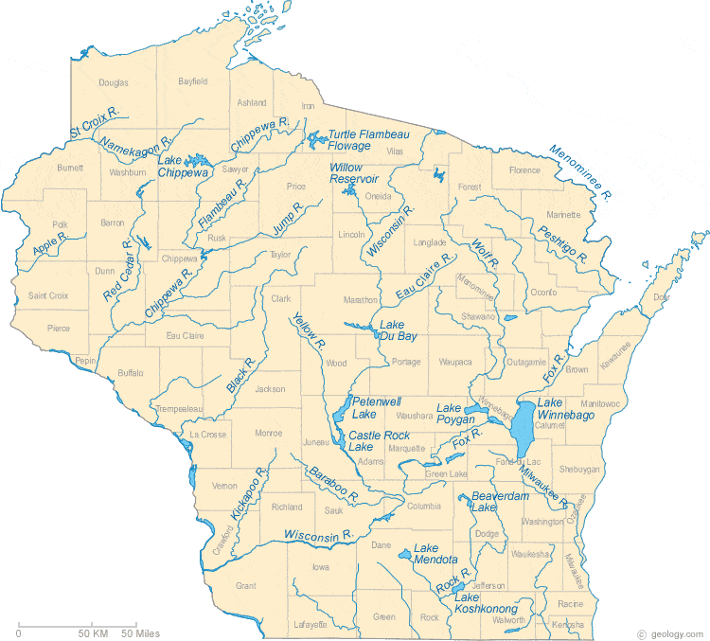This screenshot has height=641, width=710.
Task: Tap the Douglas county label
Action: [x=113, y=83]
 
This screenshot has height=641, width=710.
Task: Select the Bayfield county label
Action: [x=192, y=82]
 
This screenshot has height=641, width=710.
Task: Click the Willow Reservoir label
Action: [x=354, y=173]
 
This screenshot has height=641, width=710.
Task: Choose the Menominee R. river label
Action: [x=580, y=171]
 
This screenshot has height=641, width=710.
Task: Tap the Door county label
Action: [x=660, y=297]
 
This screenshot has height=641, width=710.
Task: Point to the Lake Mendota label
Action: [x=436, y=554]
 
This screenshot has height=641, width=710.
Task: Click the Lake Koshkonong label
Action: [x=486, y=603]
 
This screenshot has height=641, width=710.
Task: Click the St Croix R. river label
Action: [x=93, y=125]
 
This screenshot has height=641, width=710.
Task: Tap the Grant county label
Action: [x=245, y=586]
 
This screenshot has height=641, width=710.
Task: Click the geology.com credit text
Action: [x=675, y=633]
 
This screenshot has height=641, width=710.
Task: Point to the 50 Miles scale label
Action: [x=139, y=632]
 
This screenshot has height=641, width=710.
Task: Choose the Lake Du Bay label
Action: [x=399, y=329]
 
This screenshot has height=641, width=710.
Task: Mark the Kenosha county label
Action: [x=569, y=625]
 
